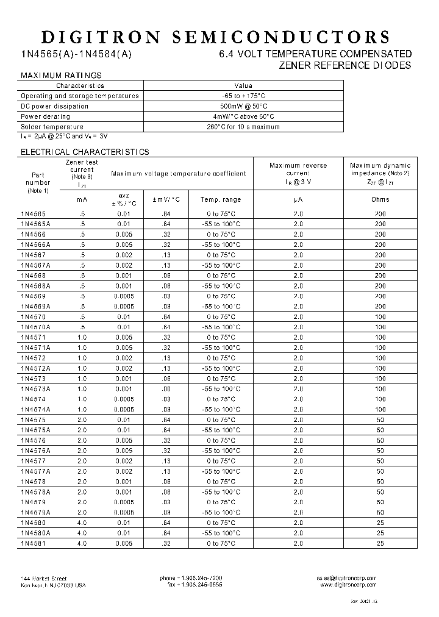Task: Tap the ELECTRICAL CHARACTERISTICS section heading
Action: (x=85, y=152)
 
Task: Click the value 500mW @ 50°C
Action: (x=243, y=106)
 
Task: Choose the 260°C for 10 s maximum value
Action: (x=243, y=127)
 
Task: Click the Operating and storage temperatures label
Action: (x=80, y=96)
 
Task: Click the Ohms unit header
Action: (x=380, y=199)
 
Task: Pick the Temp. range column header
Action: (x=221, y=199)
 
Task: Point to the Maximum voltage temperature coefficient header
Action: (x=179, y=173)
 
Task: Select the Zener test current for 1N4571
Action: (x=82, y=337)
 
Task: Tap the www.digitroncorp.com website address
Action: (x=348, y=584)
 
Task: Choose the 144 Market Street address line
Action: (x=43, y=578)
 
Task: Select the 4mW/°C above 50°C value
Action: (x=243, y=116)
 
